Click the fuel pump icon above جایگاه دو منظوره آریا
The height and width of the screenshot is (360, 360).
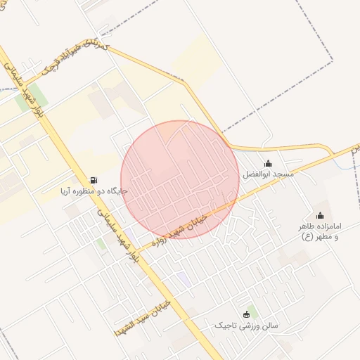coord(94,180)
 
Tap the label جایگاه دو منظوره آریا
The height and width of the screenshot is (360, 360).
coord(94,191)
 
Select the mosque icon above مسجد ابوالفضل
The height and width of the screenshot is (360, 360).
coord(268,163)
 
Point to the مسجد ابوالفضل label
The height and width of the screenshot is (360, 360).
coord(268,174)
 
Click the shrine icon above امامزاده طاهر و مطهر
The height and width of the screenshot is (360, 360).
coord(321,216)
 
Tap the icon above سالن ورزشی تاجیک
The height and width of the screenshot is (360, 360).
coord(246,314)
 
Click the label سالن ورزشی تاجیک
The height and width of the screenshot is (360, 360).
coord(246,326)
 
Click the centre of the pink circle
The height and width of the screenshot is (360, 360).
coord(180,179)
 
